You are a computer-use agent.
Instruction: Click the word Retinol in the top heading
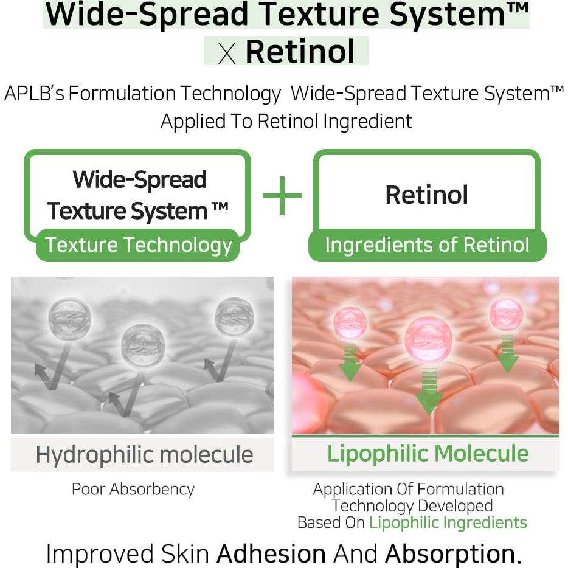[300, 51]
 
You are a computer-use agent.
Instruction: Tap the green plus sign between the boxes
[282, 196]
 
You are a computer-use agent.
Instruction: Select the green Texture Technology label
[139, 245]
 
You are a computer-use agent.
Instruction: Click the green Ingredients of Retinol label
[427, 245]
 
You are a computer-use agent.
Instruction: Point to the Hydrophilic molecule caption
[144, 454]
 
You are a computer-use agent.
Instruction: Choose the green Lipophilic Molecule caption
[428, 454]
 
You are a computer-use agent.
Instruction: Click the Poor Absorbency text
[133, 489]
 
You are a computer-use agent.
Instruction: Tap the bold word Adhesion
[271, 553]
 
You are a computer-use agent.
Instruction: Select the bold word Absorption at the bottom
[450, 553]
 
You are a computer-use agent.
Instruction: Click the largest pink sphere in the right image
[426, 338]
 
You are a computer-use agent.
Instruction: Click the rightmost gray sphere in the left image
[234, 317]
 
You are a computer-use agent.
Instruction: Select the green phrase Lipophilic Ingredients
[448, 522]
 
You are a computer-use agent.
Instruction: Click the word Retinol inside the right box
[426, 195]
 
